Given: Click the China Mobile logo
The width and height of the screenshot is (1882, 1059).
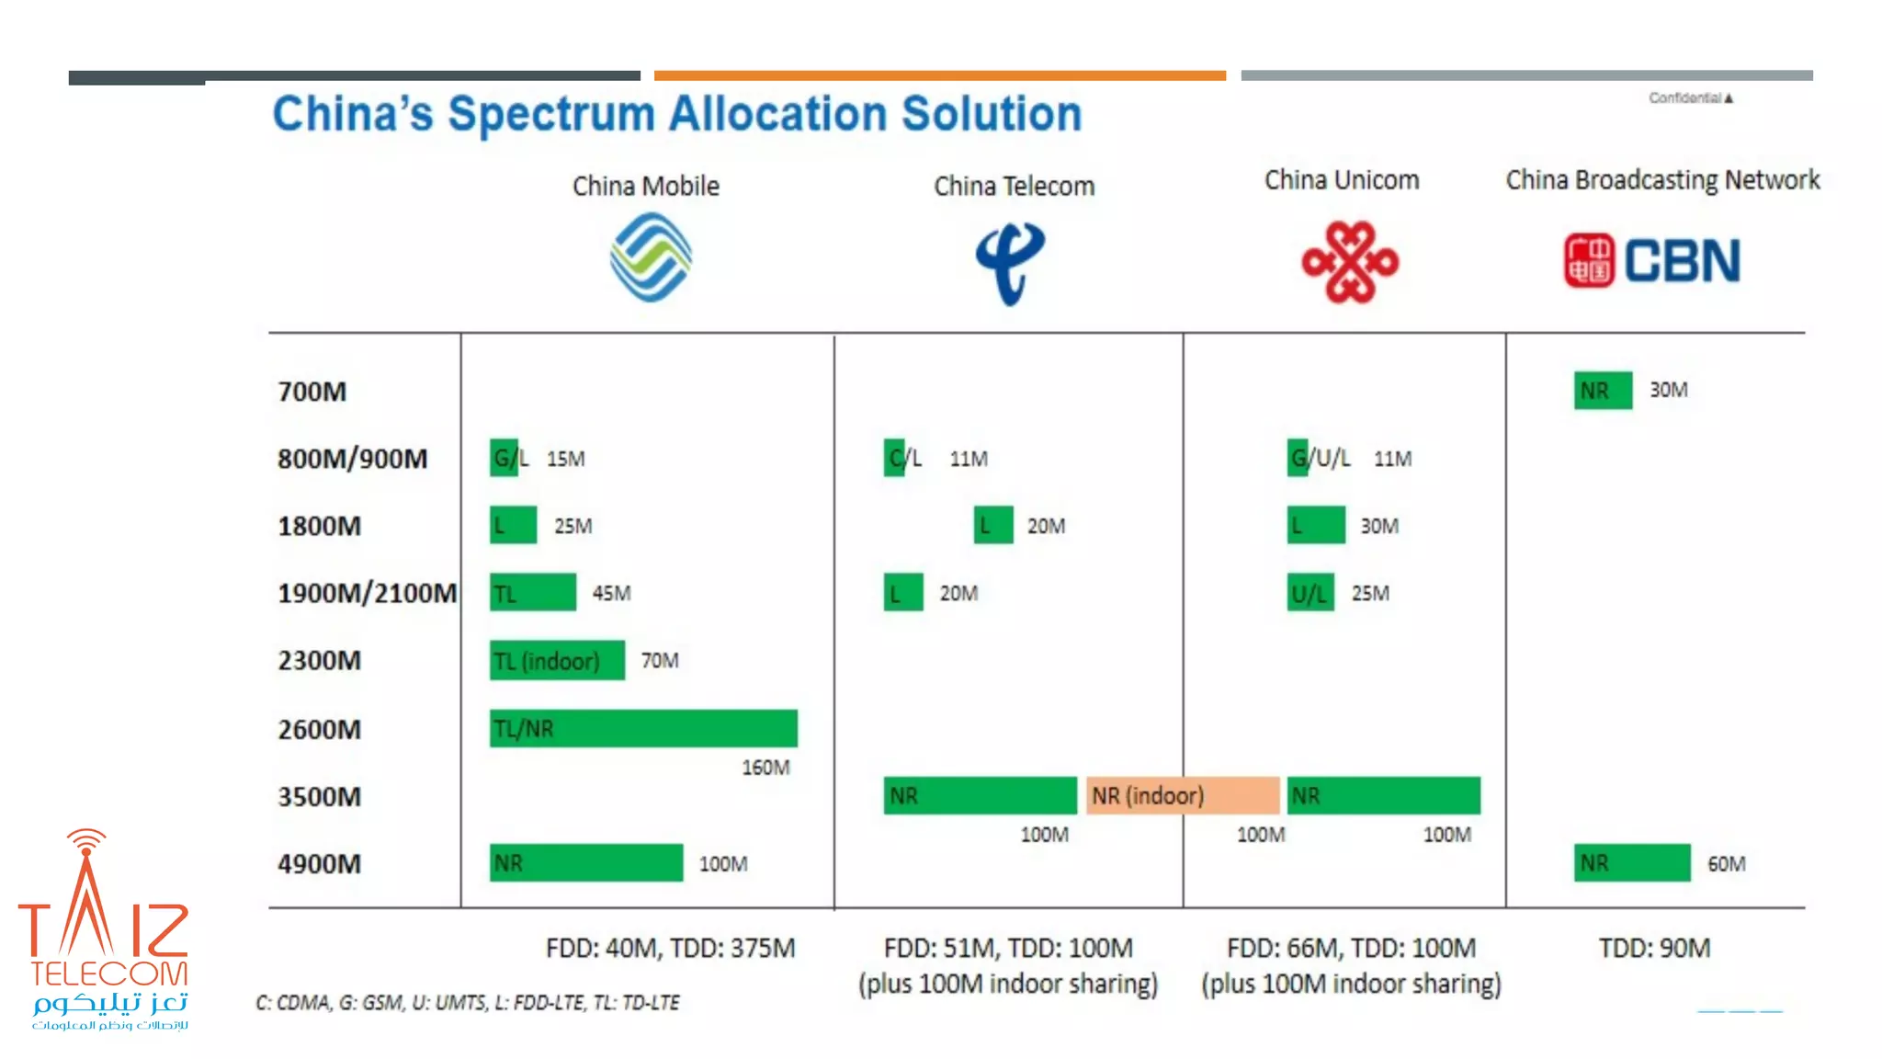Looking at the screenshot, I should tap(651, 257).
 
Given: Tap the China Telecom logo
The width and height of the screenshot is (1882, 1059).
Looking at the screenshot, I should tap(1010, 263).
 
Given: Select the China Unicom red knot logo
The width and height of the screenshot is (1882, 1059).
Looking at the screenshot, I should tap(1350, 262).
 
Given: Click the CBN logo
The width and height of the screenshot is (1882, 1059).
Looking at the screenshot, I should tap(1652, 260).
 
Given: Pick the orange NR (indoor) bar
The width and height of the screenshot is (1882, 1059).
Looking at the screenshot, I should tap(1183, 795).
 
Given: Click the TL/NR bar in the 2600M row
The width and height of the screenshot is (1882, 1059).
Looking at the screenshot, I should tap(643, 728).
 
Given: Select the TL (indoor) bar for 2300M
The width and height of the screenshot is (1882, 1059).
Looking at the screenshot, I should tap(557, 661).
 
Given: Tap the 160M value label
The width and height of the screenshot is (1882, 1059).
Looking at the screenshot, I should tap(765, 768).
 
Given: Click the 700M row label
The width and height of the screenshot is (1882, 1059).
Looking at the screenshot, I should tap(312, 392).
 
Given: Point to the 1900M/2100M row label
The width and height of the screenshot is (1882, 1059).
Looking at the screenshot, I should tap(367, 594).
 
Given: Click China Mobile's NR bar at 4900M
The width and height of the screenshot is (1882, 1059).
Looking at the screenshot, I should tap(586, 863).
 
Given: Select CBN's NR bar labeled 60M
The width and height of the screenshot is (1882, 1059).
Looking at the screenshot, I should tap(1632, 863).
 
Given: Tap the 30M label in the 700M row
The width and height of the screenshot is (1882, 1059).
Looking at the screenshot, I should tap(1668, 390).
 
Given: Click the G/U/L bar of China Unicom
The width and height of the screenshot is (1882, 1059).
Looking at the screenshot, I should tap(1298, 458).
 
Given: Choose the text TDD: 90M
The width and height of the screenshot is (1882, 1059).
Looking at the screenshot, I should tap(1654, 948).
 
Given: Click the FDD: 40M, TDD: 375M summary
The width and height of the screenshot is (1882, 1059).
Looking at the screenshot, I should tap(670, 948).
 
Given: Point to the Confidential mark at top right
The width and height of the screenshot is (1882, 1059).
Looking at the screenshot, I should tap(1690, 97).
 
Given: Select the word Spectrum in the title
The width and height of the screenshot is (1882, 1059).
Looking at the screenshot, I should tap(550, 114).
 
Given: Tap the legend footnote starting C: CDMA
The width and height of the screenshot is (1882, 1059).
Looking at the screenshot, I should tap(467, 1003).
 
